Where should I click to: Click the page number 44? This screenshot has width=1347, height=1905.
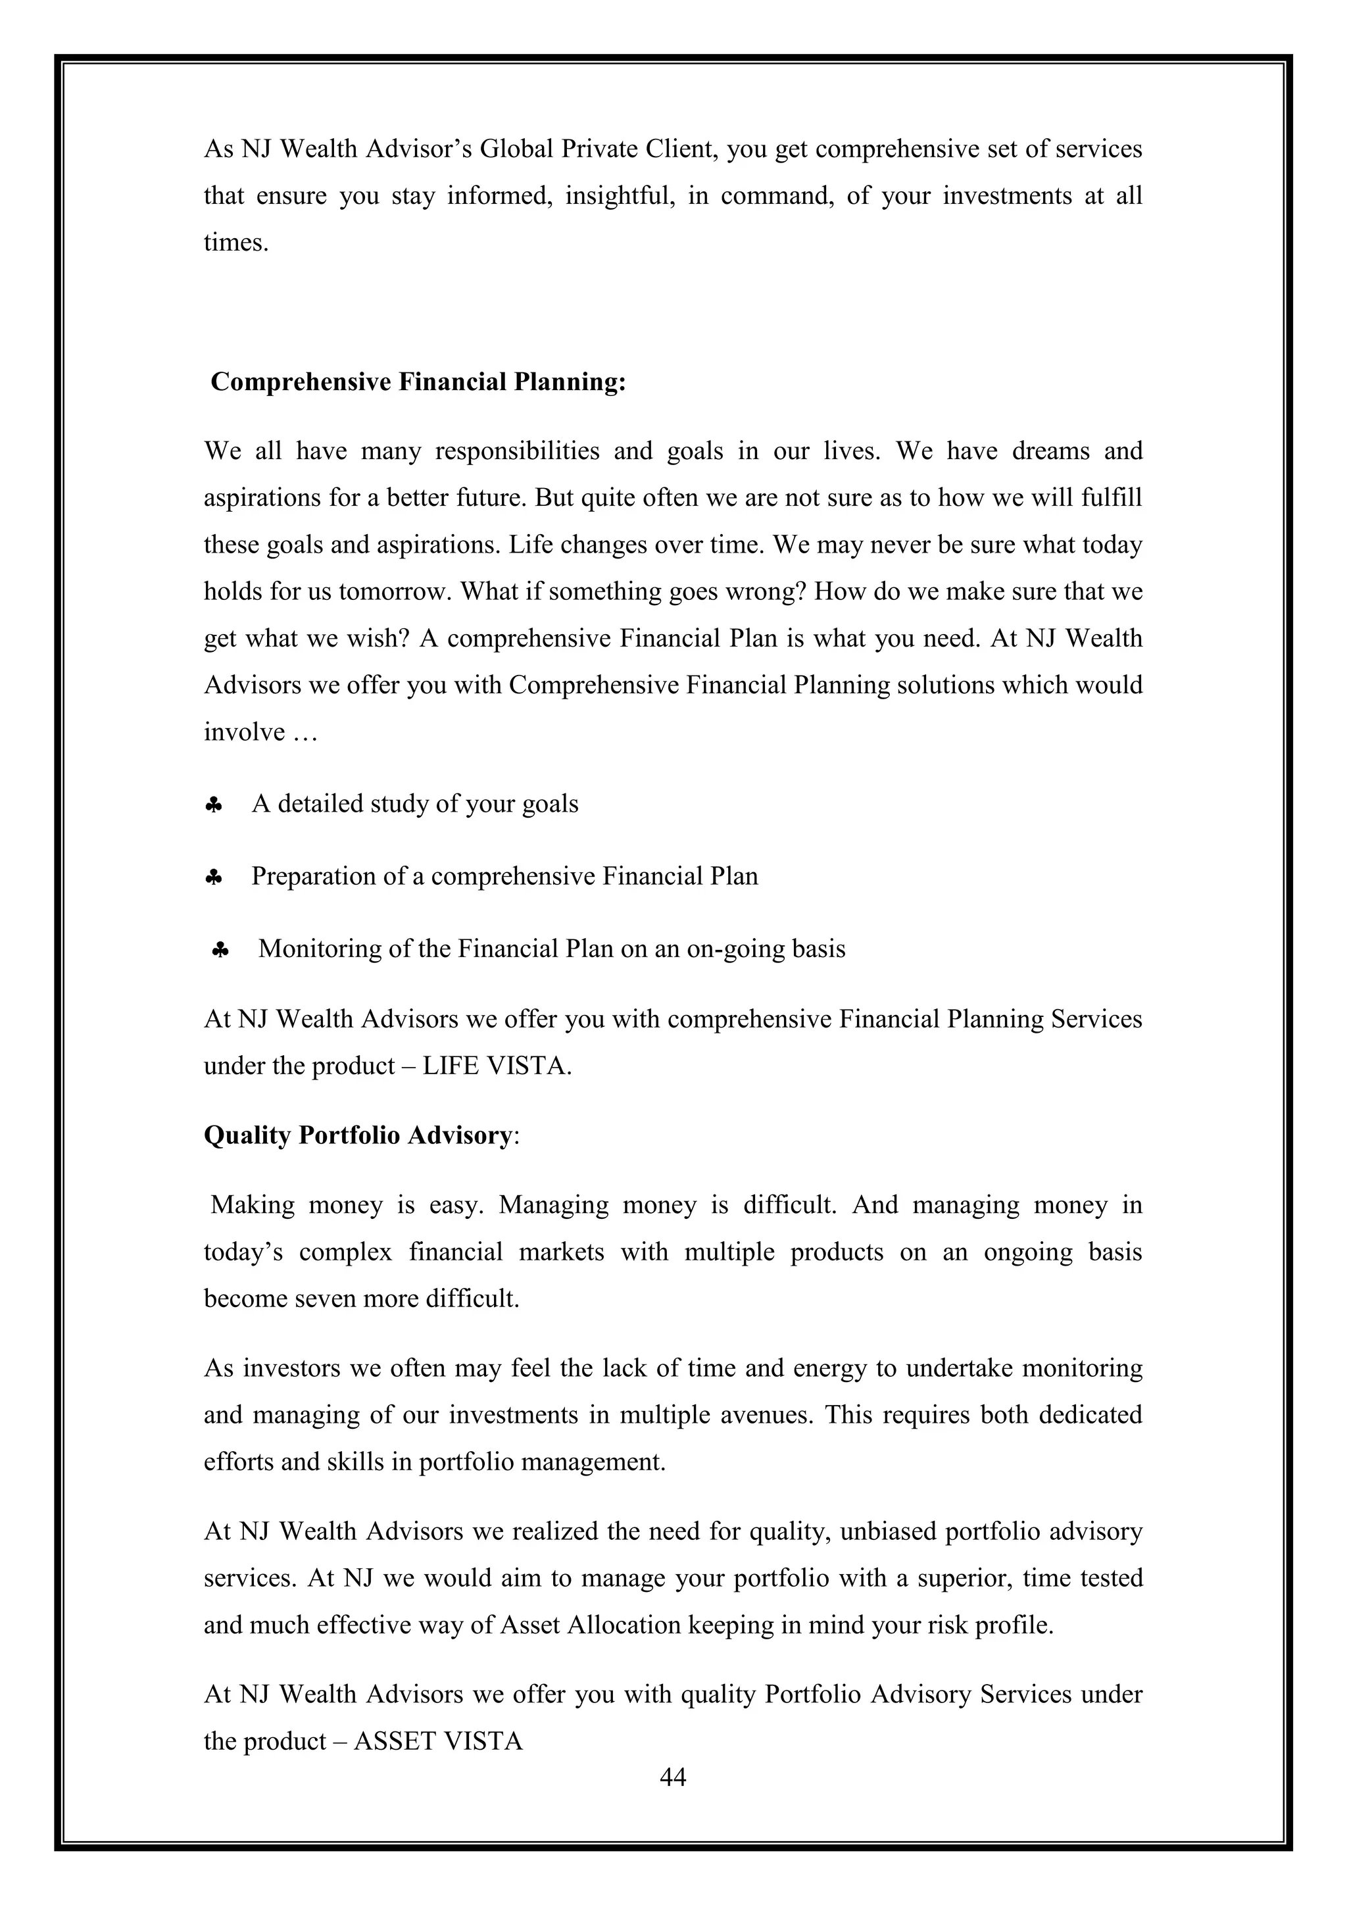(x=673, y=1777)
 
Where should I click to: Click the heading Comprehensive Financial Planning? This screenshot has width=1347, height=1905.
(x=418, y=382)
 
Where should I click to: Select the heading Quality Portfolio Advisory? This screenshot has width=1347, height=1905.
(x=358, y=1135)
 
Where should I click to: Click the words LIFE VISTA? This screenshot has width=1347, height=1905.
(x=496, y=1066)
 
